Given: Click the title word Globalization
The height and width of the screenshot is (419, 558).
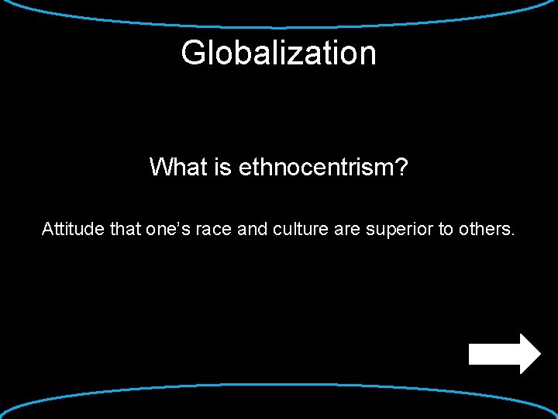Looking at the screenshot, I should [278, 54].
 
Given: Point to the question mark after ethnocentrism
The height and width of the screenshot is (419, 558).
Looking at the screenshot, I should [401, 167].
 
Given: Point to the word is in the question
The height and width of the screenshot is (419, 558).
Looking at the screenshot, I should [224, 167].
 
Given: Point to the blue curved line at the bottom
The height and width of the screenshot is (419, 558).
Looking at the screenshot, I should [279, 385].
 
